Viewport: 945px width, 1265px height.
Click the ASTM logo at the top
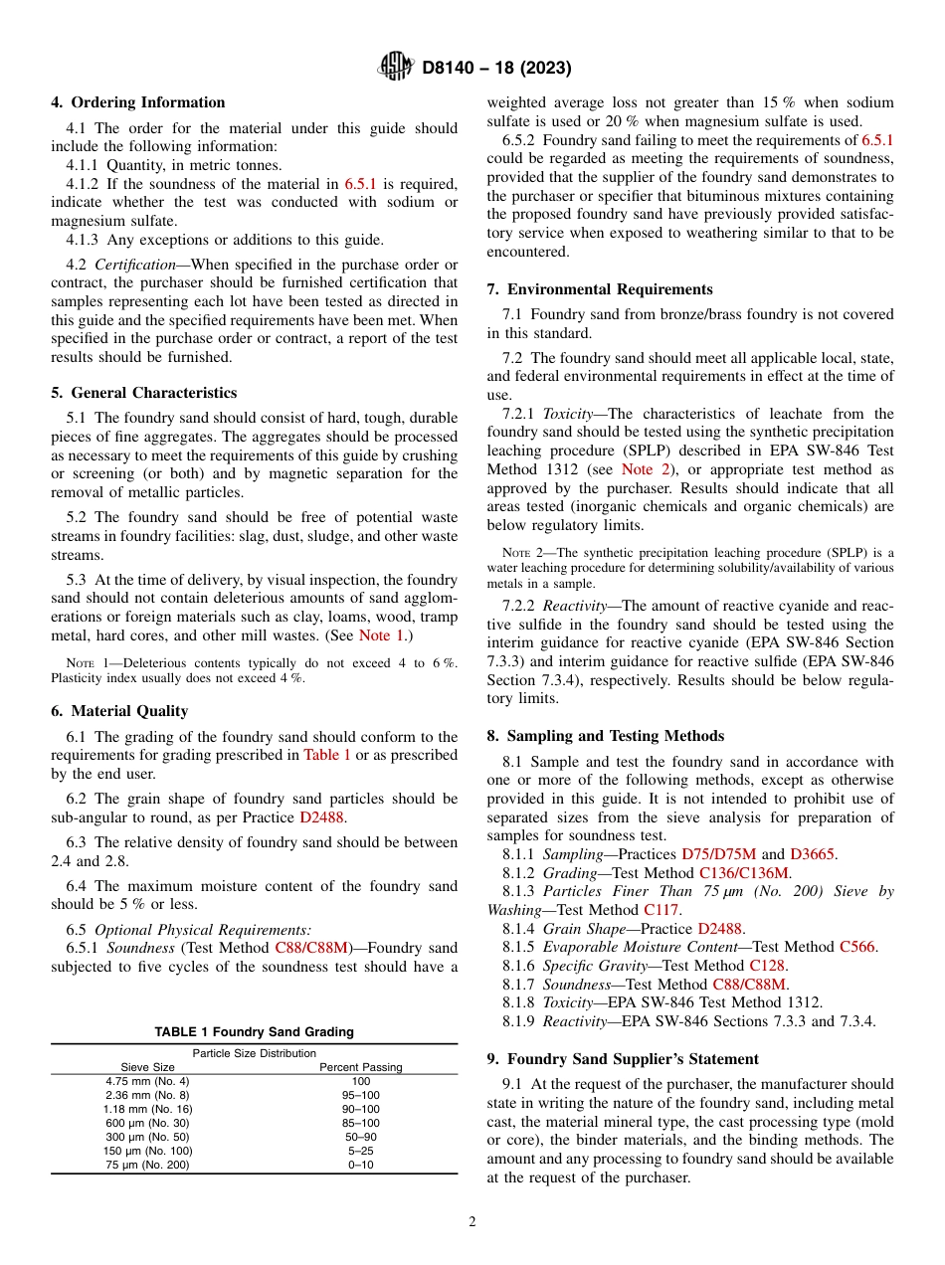tap(396, 68)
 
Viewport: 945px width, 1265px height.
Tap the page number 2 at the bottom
tap(472, 1222)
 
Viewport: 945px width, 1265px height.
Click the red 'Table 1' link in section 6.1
tap(326, 755)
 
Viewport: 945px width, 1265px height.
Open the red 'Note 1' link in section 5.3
tap(381, 635)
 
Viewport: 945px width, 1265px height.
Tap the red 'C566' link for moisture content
tap(856, 947)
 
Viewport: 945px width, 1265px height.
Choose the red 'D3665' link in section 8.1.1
tap(813, 854)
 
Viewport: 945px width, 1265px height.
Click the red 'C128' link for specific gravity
tap(767, 966)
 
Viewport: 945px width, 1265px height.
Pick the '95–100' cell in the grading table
tap(360, 1095)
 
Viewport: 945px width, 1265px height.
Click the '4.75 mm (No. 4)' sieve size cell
tap(147, 1081)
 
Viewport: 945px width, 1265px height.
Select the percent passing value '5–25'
tap(360, 1151)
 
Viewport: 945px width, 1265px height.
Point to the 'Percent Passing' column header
tap(360, 1067)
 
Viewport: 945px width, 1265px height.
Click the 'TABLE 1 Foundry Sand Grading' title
tap(254, 1032)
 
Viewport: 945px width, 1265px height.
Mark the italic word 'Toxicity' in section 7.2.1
tap(570, 414)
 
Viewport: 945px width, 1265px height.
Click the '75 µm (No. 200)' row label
tap(147, 1165)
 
